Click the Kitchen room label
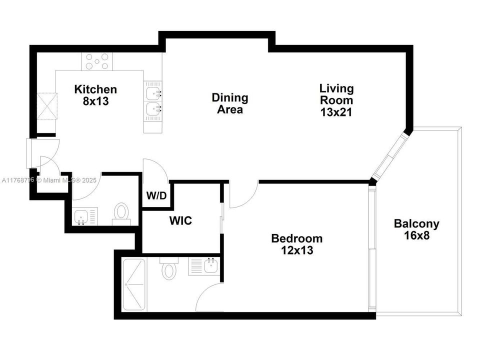(x=95, y=89)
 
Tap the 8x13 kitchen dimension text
(x=95, y=101)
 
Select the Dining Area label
(x=230, y=103)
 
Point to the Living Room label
(x=336, y=94)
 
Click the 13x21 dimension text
(x=336, y=112)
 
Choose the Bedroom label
(x=296, y=238)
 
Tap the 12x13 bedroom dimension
(x=296, y=250)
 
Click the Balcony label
(x=416, y=223)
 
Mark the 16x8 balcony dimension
(x=416, y=235)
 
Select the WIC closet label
(x=180, y=220)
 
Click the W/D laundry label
(x=156, y=196)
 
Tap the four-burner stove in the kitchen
(x=97, y=61)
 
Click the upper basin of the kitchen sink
(x=154, y=93)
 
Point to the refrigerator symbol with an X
(x=47, y=107)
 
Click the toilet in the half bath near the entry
(x=121, y=212)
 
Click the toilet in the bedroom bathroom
(x=169, y=270)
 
